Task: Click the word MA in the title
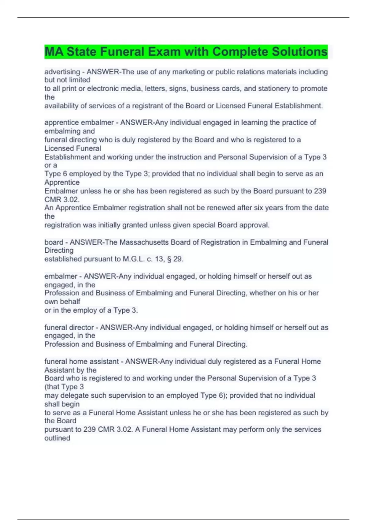[x=54, y=52]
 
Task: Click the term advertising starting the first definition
[x=62, y=72]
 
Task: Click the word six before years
[x=268, y=208]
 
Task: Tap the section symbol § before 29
[x=169, y=259]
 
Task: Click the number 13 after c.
[x=159, y=259]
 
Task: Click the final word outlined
[x=57, y=438]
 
